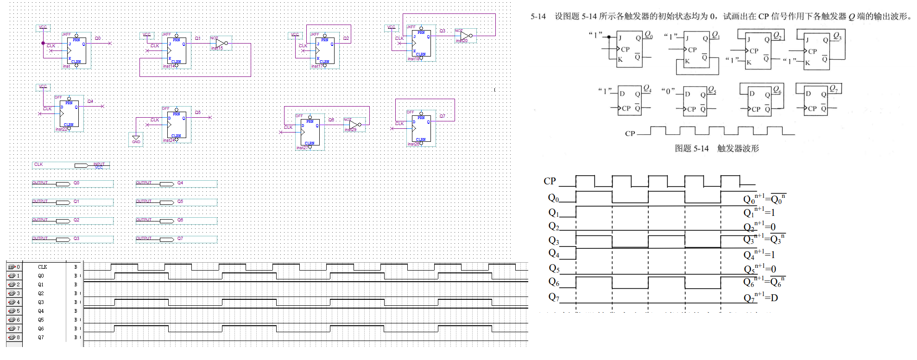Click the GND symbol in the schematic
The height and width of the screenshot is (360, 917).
pos(136,139)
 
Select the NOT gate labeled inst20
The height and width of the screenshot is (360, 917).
pos(465,36)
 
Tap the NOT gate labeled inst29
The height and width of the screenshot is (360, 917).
pos(354,125)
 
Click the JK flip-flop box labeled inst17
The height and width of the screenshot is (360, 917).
pos(325,51)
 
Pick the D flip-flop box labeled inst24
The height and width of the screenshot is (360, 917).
pos(177,125)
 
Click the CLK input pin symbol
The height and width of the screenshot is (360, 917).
pos(82,165)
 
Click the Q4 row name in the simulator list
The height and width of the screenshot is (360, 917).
pos(41,311)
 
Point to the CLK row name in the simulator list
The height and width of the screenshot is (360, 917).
pos(42,267)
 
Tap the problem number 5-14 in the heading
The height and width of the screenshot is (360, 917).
pos(538,17)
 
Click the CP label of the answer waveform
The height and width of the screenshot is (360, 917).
pos(550,181)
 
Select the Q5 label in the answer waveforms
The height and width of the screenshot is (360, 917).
pos(554,268)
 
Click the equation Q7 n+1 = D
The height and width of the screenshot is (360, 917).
pos(760,298)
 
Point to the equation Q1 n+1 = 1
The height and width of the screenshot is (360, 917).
pos(759,213)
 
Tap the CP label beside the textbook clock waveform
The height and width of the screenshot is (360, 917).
pos(630,134)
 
